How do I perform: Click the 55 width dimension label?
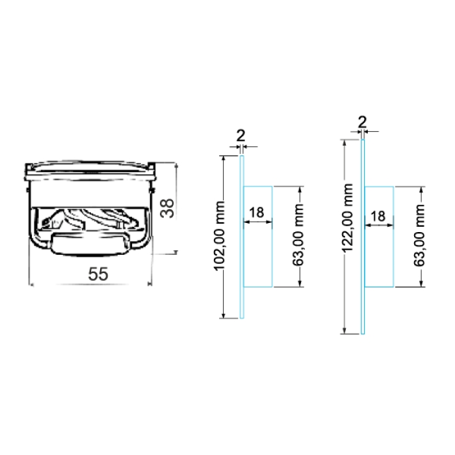(x=98, y=274)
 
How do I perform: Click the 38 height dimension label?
(x=168, y=208)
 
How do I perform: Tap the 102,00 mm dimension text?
(x=219, y=236)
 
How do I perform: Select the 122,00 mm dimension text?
(x=347, y=218)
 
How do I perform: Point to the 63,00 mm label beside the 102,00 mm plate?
(x=298, y=235)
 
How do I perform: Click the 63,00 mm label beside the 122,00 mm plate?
(x=419, y=235)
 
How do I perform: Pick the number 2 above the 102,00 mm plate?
(x=241, y=135)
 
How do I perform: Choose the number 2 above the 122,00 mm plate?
(x=362, y=122)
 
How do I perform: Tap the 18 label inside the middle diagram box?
(x=257, y=213)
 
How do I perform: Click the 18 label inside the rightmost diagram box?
(x=378, y=216)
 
